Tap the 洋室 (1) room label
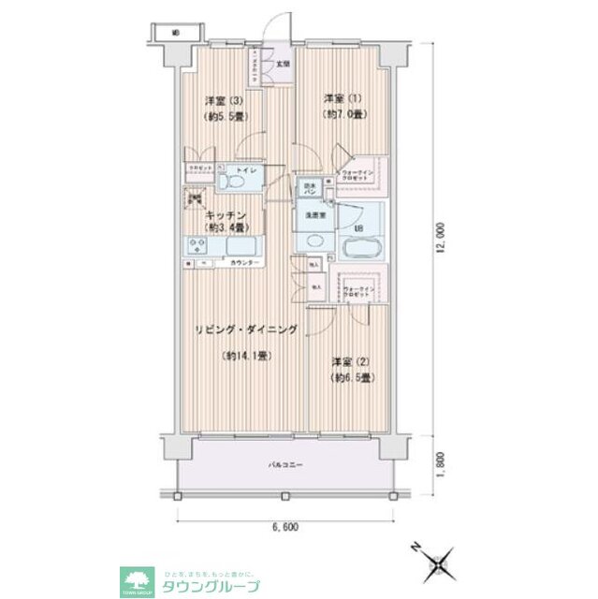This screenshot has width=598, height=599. pyautogui.click(x=343, y=98)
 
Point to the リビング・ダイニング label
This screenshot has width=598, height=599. pyautogui.click(x=246, y=329)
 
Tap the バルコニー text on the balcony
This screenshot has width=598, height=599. pyautogui.click(x=285, y=463)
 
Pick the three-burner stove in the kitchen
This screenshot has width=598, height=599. pyautogui.click(x=199, y=246)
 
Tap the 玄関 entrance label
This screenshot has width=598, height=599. pyautogui.click(x=282, y=65)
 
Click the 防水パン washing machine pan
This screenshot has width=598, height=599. pyautogui.click(x=308, y=190)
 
